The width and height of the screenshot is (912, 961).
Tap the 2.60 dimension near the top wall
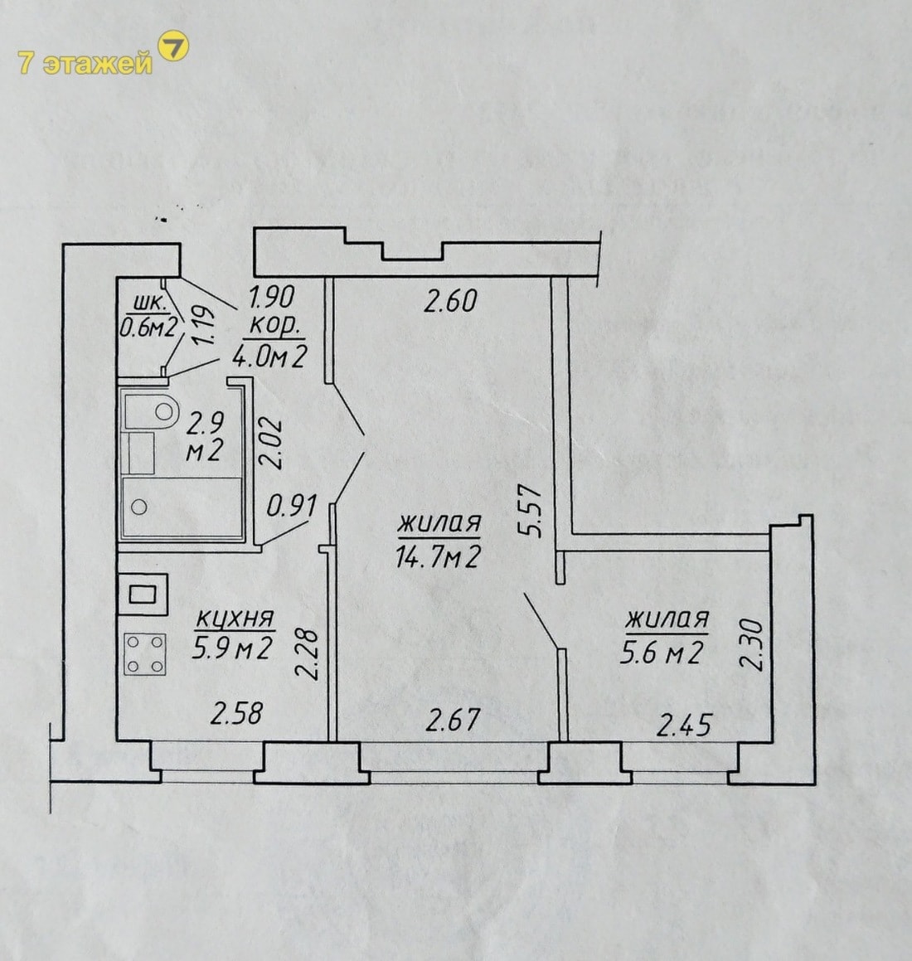point(450,302)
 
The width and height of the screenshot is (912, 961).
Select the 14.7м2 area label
point(438,557)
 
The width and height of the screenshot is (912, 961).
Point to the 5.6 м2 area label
point(661,653)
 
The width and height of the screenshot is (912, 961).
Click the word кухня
point(235,619)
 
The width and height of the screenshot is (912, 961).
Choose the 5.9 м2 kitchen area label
point(231,648)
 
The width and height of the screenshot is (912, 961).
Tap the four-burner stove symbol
point(145,654)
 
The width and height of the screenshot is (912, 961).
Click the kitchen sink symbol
point(143,594)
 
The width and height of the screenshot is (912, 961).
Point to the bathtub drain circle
point(139,507)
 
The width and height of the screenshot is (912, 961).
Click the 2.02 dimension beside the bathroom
point(271,443)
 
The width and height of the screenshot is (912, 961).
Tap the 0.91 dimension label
point(293,507)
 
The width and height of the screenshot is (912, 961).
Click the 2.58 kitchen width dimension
point(236,713)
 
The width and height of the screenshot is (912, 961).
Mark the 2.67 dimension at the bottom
point(453,720)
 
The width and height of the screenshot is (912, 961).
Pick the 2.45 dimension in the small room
point(684,725)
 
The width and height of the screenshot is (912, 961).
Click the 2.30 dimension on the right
point(754,645)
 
